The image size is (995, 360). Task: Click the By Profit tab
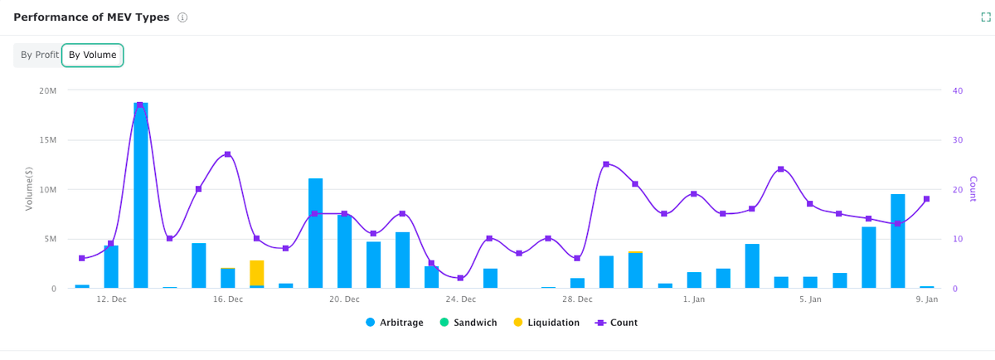(x=39, y=55)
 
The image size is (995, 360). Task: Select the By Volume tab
(x=92, y=55)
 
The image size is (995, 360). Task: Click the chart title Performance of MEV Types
(x=91, y=17)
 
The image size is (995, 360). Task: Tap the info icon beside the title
(x=182, y=17)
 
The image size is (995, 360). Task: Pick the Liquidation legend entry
(x=546, y=322)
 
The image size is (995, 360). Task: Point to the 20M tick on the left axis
(x=48, y=90)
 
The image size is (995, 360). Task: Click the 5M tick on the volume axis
(x=50, y=239)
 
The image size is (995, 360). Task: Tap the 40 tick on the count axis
(x=958, y=90)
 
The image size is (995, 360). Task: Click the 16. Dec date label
(x=228, y=299)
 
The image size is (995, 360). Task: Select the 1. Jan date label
(x=694, y=299)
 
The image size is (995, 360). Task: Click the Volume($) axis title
(x=28, y=189)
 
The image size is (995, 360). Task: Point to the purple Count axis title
(x=973, y=189)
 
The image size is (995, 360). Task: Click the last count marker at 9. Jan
(x=926, y=199)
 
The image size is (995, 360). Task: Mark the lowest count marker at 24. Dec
(x=460, y=278)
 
